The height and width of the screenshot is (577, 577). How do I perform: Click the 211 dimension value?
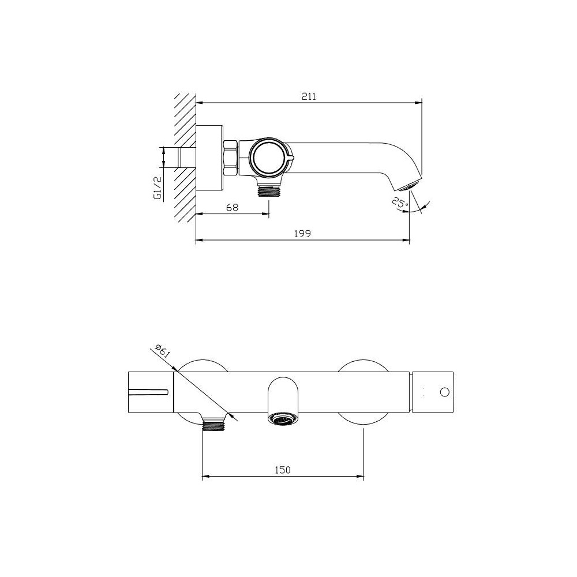click(x=309, y=96)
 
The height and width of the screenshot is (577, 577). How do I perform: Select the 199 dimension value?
click(x=302, y=234)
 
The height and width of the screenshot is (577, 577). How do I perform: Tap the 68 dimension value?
click(x=232, y=207)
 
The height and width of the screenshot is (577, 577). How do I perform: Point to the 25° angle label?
click(x=400, y=203)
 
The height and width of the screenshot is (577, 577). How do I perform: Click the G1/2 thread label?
click(x=158, y=188)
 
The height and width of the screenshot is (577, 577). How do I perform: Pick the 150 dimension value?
click(x=283, y=470)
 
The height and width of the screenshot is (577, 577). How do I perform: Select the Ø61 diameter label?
click(x=162, y=351)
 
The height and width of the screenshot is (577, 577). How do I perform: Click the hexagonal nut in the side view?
click(x=231, y=158)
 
